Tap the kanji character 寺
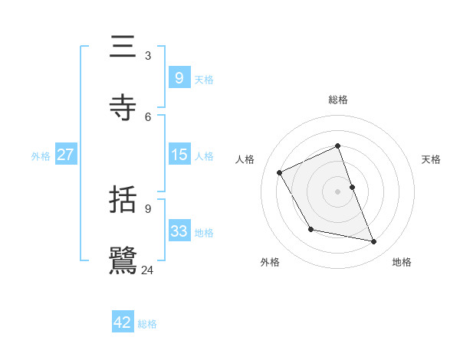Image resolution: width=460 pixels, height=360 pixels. pyautogui.click(x=123, y=109)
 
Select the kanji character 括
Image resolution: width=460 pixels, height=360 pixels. pyautogui.click(x=123, y=201)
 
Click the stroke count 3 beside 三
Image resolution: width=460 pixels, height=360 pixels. pyautogui.click(x=147, y=56)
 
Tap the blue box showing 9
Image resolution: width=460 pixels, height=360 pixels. pyautogui.click(x=179, y=78)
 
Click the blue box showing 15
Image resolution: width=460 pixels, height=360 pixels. pyautogui.click(x=179, y=155)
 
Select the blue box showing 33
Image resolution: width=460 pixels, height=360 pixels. pyautogui.click(x=179, y=231)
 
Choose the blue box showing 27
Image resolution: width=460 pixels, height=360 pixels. pyautogui.click(x=65, y=155)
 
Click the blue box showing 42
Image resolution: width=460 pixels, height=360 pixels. pyautogui.click(x=123, y=322)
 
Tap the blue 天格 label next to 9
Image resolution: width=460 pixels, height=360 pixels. pyautogui.click(x=204, y=80)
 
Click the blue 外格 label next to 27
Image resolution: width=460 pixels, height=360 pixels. pyautogui.click(x=41, y=156)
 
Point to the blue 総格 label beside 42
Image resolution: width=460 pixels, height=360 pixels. pyautogui.click(x=147, y=324)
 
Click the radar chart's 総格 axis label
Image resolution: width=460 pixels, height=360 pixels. pyautogui.click(x=338, y=100)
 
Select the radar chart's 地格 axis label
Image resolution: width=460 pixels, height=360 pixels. pyautogui.click(x=402, y=263)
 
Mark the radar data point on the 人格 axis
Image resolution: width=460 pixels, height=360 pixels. pyautogui.click(x=280, y=172)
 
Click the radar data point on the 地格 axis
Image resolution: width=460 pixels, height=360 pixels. pyautogui.click(x=374, y=242)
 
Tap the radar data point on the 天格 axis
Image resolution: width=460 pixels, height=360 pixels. pyautogui.click(x=352, y=187)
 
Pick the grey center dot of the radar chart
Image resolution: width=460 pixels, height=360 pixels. pyautogui.click(x=338, y=191)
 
